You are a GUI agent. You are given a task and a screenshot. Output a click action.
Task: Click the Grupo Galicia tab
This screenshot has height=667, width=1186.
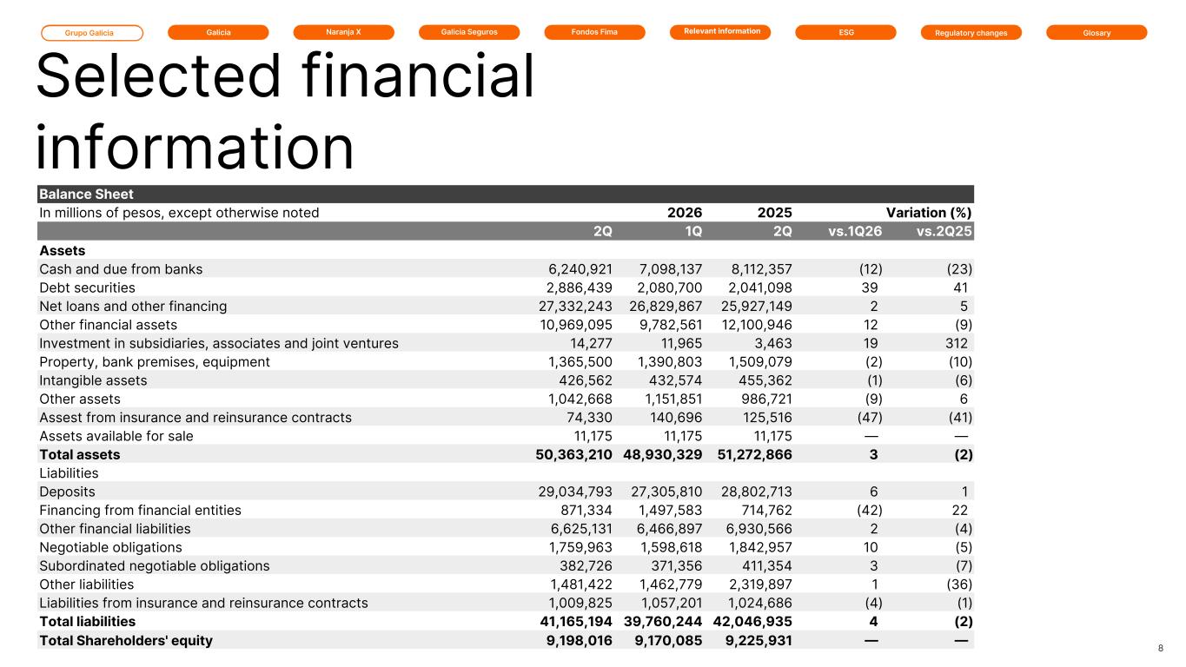tap(92, 33)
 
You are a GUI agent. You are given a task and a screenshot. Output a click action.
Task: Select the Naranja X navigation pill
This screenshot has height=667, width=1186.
tap(343, 32)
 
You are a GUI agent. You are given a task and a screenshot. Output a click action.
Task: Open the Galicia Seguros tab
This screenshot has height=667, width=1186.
tap(469, 32)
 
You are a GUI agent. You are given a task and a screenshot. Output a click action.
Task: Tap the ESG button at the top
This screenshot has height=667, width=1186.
tap(845, 32)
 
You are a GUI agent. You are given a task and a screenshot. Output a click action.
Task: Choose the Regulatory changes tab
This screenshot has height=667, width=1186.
tap(971, 33)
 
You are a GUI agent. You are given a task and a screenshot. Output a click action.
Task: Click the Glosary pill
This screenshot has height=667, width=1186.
tap(1097, 33)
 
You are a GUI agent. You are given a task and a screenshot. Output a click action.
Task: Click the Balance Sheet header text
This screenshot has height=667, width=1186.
tap(86, 195)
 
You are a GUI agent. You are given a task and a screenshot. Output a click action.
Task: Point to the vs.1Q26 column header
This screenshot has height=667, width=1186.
tap(855, 231)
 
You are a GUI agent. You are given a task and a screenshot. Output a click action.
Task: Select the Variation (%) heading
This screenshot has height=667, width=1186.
tap(929, 213)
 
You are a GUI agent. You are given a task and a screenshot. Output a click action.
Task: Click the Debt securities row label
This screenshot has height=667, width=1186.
tap(88, 288)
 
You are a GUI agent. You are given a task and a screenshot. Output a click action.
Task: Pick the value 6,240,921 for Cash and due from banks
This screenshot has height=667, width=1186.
tap(580, 269)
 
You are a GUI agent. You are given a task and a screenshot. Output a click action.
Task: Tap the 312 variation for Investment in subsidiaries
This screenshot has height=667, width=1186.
tap(957, 344)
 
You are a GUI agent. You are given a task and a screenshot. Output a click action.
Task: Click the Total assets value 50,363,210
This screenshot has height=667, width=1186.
tap(573, 455)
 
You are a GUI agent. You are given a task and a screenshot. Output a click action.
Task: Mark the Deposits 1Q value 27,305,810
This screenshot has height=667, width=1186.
tap(666, 492)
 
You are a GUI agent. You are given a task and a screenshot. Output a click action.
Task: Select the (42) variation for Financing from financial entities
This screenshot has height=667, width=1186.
tap(870, 511)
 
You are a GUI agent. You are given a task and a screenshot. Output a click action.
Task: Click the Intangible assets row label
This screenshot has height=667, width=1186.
tap(93, 380)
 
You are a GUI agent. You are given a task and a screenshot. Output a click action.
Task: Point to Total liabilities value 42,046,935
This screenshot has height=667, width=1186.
tap(752, 622)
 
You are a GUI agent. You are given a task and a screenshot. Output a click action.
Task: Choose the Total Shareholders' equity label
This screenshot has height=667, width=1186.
tap(126, 641)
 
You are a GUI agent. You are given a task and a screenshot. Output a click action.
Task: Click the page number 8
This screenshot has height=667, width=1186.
tap(1161, 648)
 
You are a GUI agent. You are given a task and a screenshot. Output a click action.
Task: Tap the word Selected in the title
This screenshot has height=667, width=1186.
tap(158, 76)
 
